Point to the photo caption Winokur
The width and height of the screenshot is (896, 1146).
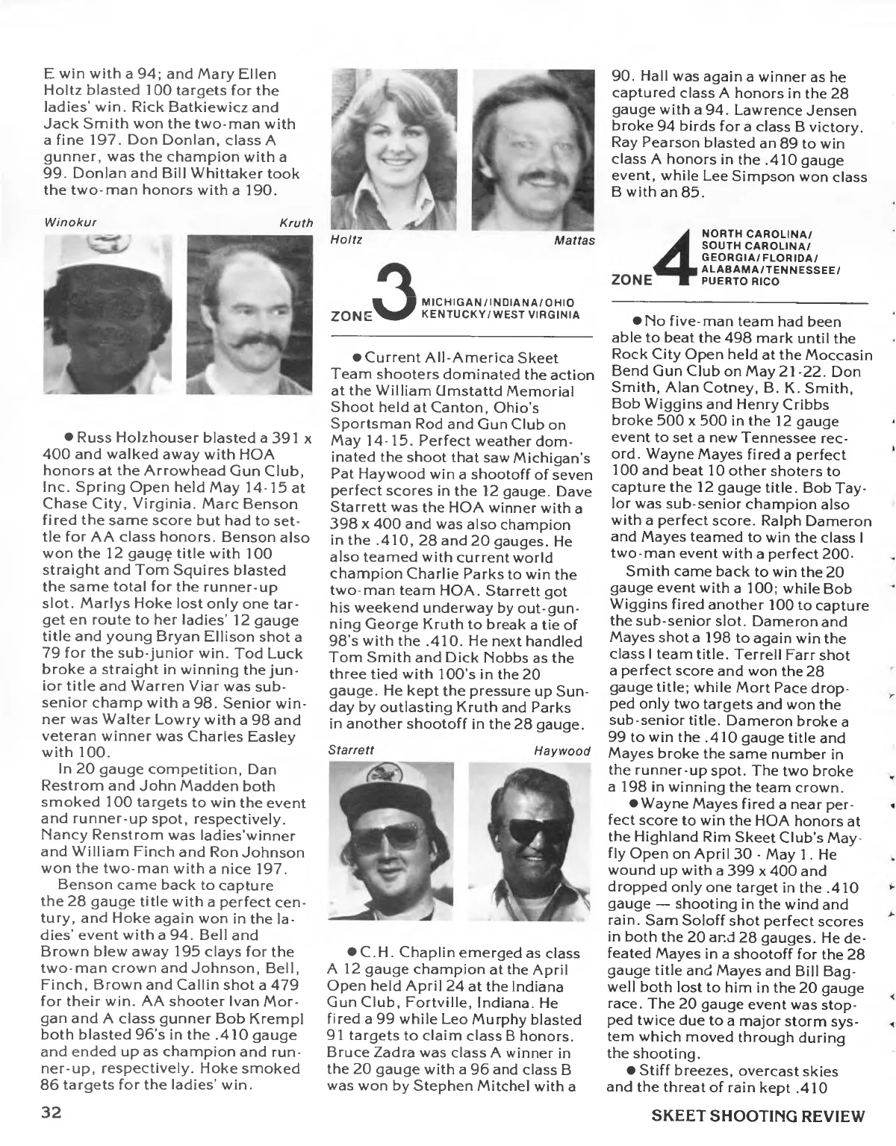click(x=67, y=222)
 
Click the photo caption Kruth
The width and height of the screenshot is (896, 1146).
click(x=296, y=222)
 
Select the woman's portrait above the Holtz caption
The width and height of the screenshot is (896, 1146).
click(x=391, y=149)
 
